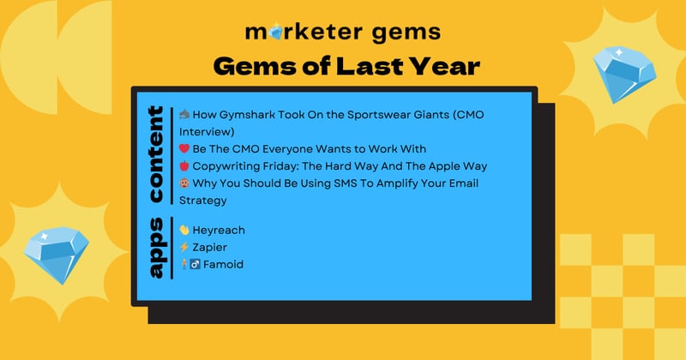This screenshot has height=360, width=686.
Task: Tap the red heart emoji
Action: tap(184, 148)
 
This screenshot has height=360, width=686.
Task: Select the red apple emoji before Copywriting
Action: tap(184, 165)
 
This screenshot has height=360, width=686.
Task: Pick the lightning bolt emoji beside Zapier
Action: tap(184, 247)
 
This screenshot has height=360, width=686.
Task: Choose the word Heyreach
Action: tap(220, 230)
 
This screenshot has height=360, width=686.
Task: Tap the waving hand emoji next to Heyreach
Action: tap(184, 230)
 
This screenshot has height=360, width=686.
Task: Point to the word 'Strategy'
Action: tap(203, 200)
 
